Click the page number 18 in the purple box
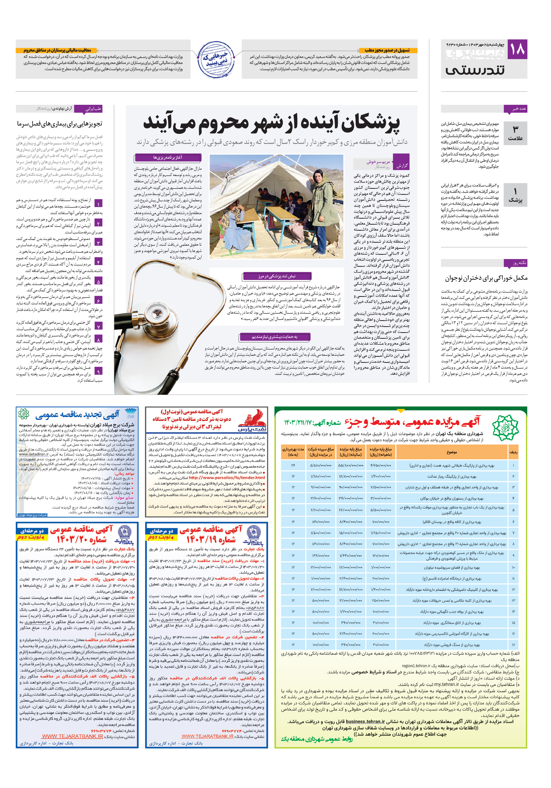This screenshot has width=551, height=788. (517, 49)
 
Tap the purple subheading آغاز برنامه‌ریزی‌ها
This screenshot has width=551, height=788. (167, 157)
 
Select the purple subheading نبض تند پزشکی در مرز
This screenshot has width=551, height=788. (277, 276)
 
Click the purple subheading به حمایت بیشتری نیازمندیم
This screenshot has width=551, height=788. (275, 337)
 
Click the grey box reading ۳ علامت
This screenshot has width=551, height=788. (515, 133)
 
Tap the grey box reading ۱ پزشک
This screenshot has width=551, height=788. (515, 195)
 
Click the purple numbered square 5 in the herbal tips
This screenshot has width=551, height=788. (98, 281)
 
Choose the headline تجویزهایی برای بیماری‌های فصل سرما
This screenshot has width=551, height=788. (60, 124)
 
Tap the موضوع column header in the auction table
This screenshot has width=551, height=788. (452, 452)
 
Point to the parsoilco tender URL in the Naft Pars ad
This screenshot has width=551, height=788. (227, 477)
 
